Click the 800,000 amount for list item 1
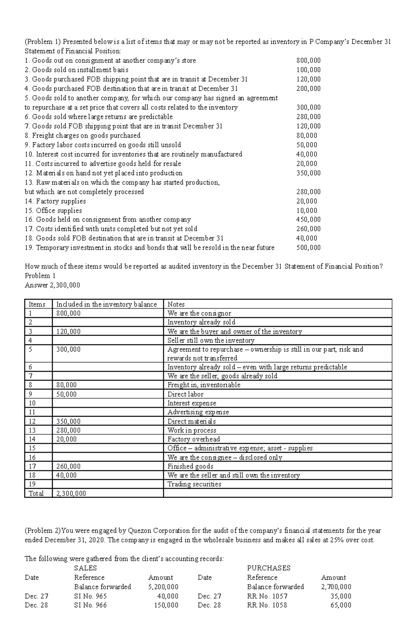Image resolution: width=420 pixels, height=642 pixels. tap(308, 61)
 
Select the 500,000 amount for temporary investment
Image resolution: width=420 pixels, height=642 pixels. tap(308, 248)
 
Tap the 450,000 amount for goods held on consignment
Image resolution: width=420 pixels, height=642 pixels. tap(308, 219)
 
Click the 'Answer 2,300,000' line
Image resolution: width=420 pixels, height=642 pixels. tap(52, 285)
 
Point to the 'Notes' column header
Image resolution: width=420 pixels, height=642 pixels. tap(176, 304)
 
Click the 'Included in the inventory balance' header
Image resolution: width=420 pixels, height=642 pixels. tap(106, 304)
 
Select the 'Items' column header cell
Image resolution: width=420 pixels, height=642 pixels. tap(37, 304)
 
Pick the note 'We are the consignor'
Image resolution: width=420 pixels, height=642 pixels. tap(199, 313)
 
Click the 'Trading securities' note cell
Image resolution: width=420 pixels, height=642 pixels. tap(194, 484)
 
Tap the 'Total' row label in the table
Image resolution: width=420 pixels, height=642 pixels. tap(36, 493)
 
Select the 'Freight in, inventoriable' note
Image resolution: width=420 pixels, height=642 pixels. tap(204, 385)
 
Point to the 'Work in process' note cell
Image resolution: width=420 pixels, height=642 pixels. tap(192, 430)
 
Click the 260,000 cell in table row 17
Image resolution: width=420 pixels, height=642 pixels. tap(68, 466)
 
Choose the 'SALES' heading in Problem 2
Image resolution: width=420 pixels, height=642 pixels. tap(85, 568)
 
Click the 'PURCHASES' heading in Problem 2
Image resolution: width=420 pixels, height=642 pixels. tap(268, 568)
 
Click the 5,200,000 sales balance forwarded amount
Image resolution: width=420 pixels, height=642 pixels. tap(163, 587)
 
